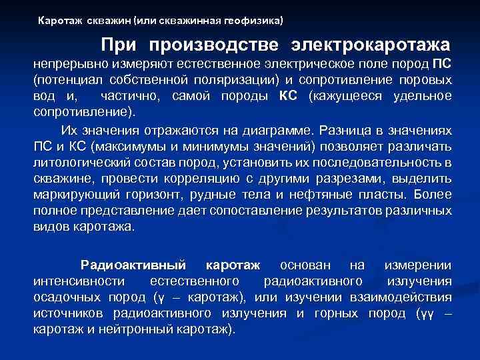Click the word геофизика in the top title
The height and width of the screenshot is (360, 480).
(x=255, y=21)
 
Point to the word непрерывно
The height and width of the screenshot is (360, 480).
(x=70, y=65)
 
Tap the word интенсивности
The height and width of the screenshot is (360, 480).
(x=74, y=281)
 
